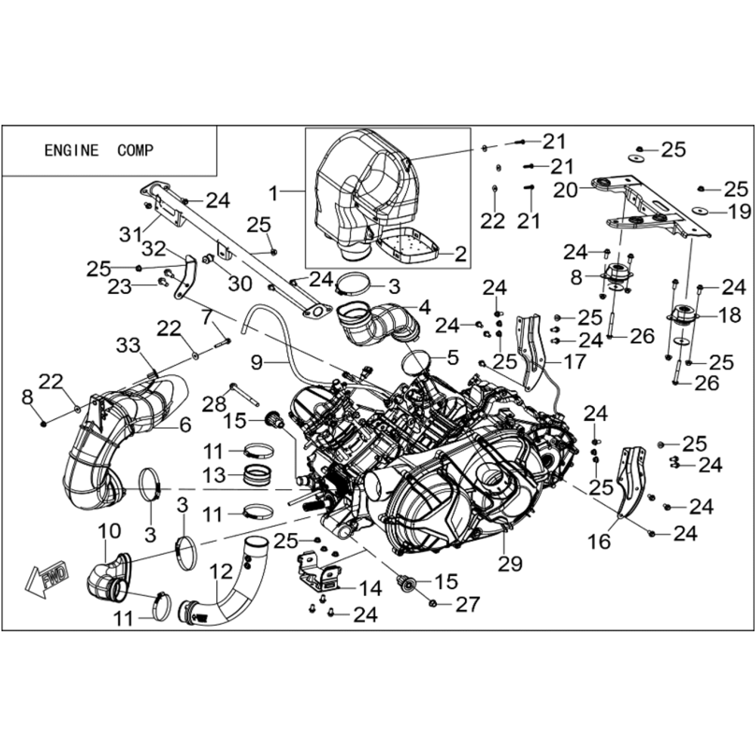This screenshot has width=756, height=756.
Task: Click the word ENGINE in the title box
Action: [x=71, y=150]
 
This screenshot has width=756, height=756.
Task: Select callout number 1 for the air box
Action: [x=274, y=194]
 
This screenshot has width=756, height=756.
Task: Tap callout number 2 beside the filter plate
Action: [x=461, y=253]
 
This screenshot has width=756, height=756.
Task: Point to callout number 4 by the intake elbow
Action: [x=425, y=307]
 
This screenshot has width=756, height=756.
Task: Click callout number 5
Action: [x=453, y=358]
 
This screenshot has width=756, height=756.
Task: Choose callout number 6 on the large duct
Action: [x=184, y=425]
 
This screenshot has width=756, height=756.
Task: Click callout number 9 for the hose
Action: [x=256, y=362]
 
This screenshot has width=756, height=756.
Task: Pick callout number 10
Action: [x=110, y=531]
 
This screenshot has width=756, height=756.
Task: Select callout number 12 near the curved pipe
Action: [x=222, y=572]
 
